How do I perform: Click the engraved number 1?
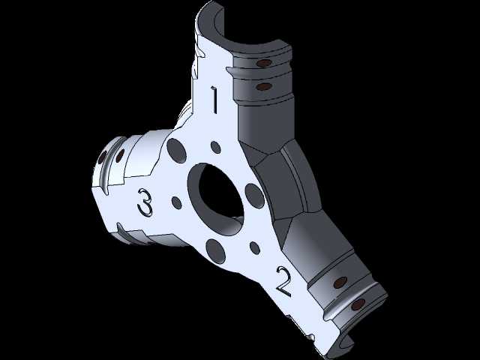click(214, 100)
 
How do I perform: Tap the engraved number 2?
click(283, 282)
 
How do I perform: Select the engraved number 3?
click(145, 202)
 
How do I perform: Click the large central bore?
click(217, 199)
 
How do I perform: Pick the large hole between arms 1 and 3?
click(177, 151)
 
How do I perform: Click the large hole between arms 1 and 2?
click(255, 196)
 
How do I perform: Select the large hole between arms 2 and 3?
click(216, 251)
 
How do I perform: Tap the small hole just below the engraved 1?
click(216, 147)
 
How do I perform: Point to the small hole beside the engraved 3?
click(177, 203)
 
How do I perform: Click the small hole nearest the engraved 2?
click(255, 247)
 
